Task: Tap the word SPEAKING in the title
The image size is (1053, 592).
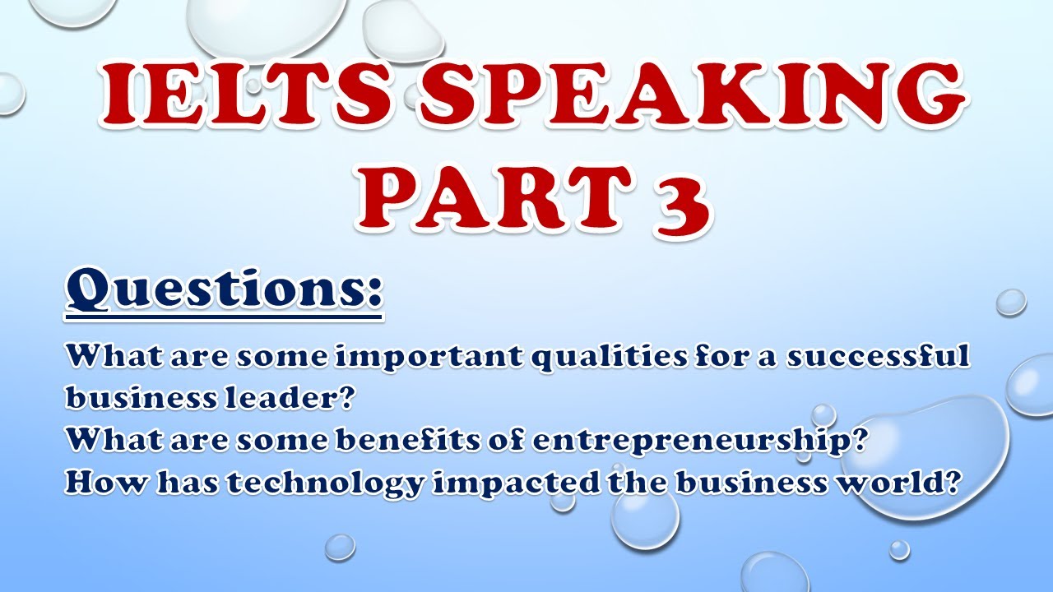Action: click(x=692, y=96)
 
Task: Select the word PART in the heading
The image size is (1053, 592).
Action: click(x=494, y=200)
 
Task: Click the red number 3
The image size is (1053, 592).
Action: click(x=682, y=202)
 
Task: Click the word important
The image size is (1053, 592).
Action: click(x=429, y=357)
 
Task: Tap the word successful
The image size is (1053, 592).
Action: click(x=878, y=356)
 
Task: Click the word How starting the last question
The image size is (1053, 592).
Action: click(x=106, y=482)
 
